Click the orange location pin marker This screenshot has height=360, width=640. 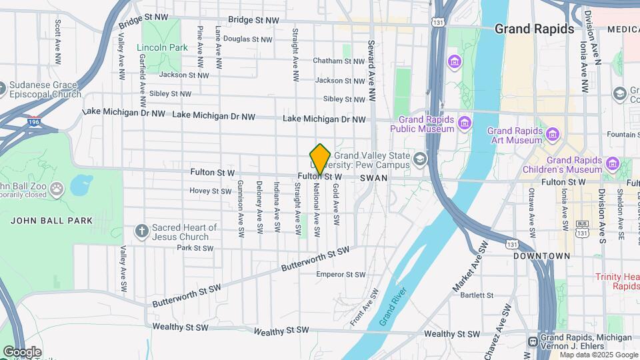(321, 159)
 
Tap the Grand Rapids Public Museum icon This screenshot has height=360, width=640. (465, 122)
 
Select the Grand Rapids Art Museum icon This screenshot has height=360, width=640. (552, 135)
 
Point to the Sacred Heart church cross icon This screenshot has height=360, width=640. (141, 231)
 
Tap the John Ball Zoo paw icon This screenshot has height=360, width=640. (57, 188)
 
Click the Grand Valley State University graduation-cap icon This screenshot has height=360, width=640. (419, 159)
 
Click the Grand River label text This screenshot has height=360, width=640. (390, 306)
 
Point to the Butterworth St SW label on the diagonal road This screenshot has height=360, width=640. (316, 258)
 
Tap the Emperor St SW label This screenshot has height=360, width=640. (341, 274)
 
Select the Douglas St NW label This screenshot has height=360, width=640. (247, 39)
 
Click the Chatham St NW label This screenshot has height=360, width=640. (339, 61)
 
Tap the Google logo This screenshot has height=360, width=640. (22, 351)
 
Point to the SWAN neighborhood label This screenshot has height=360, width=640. (372, 179)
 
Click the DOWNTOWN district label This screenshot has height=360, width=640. (542, 256)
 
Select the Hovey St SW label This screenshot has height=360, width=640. (210, 191)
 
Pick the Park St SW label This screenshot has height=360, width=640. (194, 248)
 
